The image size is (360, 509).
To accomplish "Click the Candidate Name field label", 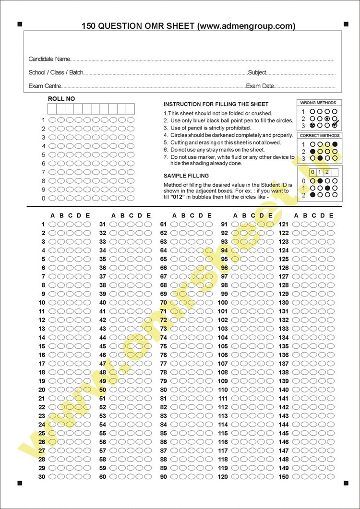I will pos(49,59).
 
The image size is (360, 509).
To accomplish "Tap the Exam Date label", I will pos(260,86).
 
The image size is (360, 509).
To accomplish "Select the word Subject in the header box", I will pos(257,73).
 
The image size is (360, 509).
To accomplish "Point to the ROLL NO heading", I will pos(61,99).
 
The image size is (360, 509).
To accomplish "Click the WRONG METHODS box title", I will pos(318,103).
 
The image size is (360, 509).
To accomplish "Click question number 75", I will pos(163,346).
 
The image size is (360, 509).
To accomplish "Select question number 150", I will pos(284,477).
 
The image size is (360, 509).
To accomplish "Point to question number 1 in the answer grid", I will pos(43,224).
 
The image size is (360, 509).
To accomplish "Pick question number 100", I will pos(223,303).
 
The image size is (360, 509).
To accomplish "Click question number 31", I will pos(102,224).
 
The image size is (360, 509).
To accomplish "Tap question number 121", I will pos(284,224).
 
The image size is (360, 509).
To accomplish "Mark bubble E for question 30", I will pos(87,477).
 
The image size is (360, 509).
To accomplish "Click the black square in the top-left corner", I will pos(20,24).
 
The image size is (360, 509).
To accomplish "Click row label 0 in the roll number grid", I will pos(43,198).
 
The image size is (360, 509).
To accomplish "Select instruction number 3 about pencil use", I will pos(207,128).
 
